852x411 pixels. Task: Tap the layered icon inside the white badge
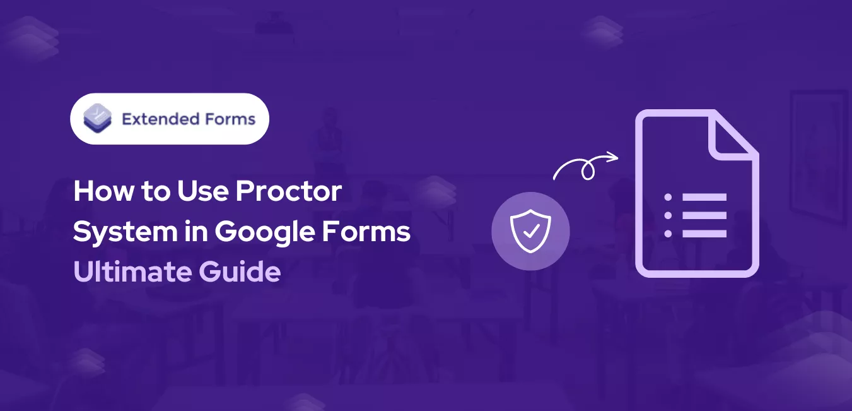pos(98,119)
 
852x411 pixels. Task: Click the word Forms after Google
pos(369,232)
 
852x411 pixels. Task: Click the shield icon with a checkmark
pos(530,231)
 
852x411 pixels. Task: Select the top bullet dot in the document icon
pos(668,197)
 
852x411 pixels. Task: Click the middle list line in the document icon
pos(704,215)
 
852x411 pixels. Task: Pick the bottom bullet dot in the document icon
pos(668,234)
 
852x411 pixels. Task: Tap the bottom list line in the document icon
pos(704,234)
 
